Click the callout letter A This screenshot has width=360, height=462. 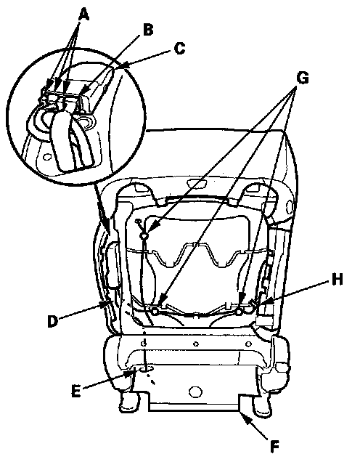83,14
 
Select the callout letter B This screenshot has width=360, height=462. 148,30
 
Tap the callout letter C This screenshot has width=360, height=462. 179,49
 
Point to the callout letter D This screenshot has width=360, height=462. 52,321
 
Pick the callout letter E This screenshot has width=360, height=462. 76,392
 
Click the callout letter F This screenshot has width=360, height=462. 274,447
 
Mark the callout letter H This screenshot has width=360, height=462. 337,280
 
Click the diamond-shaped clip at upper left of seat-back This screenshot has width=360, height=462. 144,235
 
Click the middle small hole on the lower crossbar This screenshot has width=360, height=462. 196,344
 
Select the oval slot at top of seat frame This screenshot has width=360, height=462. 197,185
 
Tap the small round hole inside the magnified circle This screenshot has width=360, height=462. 46,157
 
